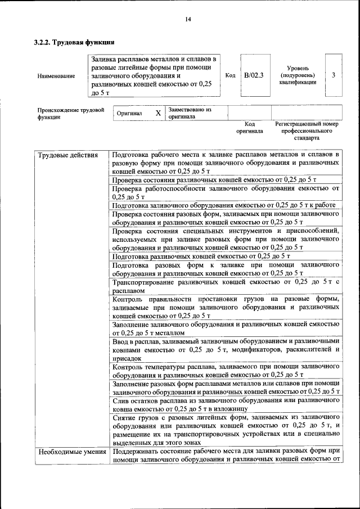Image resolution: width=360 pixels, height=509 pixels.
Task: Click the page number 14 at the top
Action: (188, 20)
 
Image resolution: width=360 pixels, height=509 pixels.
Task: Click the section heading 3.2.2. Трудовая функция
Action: (74, 42)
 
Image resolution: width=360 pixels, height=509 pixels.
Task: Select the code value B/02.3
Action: (253, 75)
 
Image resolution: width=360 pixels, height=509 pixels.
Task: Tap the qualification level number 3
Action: (334, 75)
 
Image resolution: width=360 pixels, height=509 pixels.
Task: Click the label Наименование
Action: (56, 76)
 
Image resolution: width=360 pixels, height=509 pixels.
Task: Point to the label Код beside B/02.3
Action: (230, 75)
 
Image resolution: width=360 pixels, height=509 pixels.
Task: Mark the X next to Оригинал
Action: (158, 113)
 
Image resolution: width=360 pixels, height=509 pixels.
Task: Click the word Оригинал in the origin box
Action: (129, 114)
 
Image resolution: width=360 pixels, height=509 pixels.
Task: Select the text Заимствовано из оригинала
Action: (189, 113)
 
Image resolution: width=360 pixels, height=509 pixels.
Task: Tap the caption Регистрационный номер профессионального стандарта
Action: (307, 130)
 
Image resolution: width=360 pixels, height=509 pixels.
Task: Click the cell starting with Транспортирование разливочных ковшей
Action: (225, 286)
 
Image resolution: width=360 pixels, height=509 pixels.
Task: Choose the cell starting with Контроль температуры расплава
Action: (225, 370)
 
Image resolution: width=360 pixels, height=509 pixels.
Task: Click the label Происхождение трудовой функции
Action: (71, 114)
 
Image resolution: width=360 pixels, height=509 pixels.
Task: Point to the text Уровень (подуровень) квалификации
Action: (297, 75)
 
